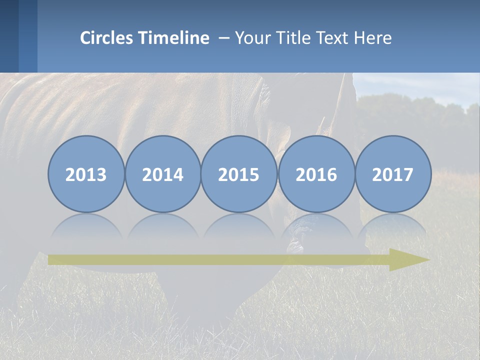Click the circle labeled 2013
86,174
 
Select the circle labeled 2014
162,174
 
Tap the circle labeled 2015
239,174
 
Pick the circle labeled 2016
316,174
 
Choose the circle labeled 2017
393,174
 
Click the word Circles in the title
107,38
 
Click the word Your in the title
251,38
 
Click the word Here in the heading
372,38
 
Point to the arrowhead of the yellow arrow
407,259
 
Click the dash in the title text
223,38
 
